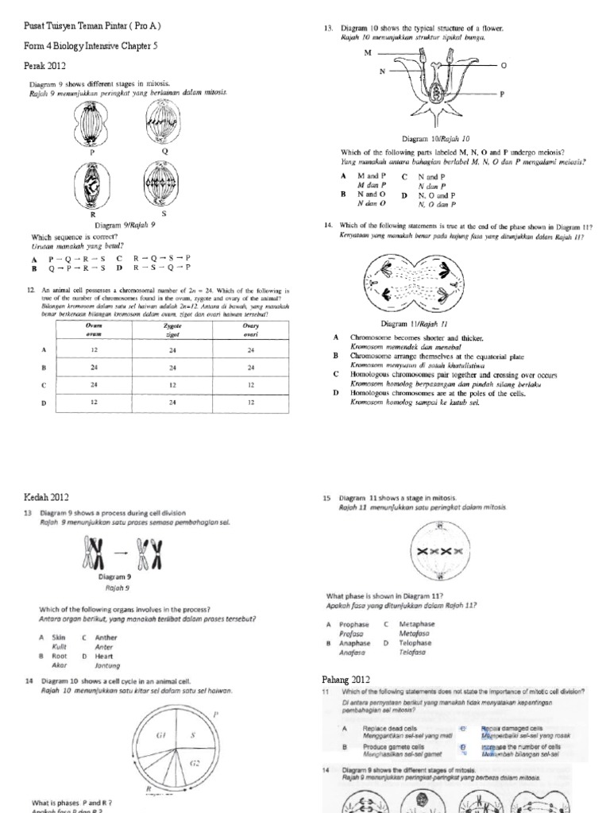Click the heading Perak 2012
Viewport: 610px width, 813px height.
tap(45, 66)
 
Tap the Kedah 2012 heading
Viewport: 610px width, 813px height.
tap(48, 497)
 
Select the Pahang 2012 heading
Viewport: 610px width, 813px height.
tap(346, 680)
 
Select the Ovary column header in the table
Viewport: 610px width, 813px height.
tap(251, 329)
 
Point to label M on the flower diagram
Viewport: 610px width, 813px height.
tap(368, 52)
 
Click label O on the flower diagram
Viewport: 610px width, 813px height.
tap(503, 66)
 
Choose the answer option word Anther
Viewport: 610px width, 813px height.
tap(106, 638)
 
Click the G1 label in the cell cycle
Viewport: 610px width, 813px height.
tap(160, 735)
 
